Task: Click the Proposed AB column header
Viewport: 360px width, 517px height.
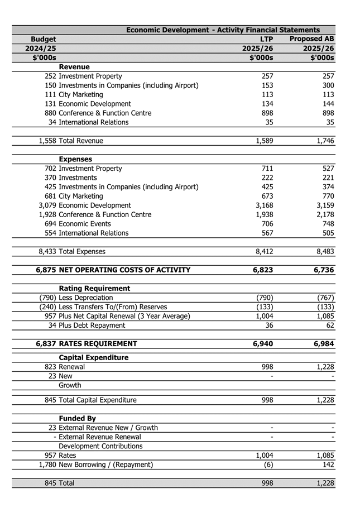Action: click(x=311, y=39)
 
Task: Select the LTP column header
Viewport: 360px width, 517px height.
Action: click(x=266, y=39)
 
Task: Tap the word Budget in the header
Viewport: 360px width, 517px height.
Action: click(x=43, y=39)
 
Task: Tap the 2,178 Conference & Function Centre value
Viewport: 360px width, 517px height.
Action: click(x=324, y=214)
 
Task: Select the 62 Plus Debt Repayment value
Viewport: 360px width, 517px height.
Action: click(x=329, y=325)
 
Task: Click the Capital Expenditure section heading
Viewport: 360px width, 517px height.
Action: click(x=94, y=358)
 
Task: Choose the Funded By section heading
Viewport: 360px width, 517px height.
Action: click(x=78, y=419)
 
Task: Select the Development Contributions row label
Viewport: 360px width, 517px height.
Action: click(x=100, y=446)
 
